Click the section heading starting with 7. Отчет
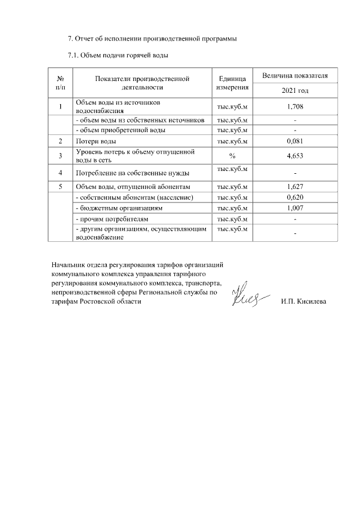tap(152, 39)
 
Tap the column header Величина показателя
tap(295, 75)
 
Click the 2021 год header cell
tap(295, 90)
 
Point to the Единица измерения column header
tap(232, 83)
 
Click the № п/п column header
tap(60, 83)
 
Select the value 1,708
tap(295, 106)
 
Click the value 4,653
tap(295, 156)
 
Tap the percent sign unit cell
tap(232, 156)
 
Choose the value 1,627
tap(295, 187)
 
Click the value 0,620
tap(295, 197)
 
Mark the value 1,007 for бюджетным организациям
tap(295, 208)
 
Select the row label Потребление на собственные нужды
tap(132, 173)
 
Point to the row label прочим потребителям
tap(111, 218)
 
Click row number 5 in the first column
tap(60, 187)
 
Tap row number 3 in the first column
tap(60, 156)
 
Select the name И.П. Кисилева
tap(303, 301)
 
